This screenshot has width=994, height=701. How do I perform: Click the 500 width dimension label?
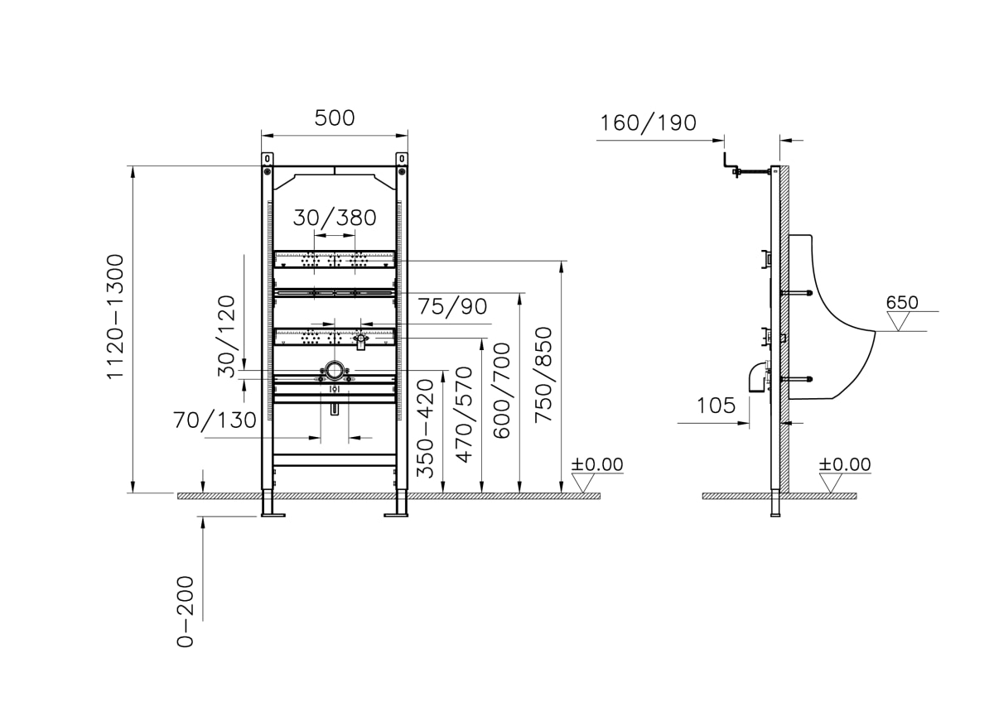pyautogui.click(x=335, y=118)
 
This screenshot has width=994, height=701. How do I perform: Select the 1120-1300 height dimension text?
pyautogui.click(x=115, y=317)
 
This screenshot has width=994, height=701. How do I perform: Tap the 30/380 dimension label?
pyautogui.click(x=335, y=218)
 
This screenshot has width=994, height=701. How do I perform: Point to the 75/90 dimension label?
pyautogui.click(x=452, y=307)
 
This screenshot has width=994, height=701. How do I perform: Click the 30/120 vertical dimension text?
pyautogui.click(x=226, y=336)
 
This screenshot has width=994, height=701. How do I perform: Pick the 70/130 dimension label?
pyautogui.click(x=215, y=420)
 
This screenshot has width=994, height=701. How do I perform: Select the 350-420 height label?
pyautogui.click(x=425, y=429)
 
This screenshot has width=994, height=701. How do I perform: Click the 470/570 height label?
pyautogui.click(x=465, y=415)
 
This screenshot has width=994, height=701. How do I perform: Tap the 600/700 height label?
pyautogui.click(x=502, y=391)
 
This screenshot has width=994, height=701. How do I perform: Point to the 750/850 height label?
pyautogui.click(x=543, y=375)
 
